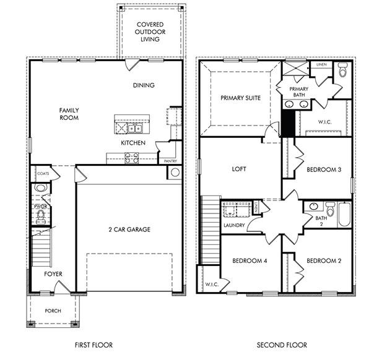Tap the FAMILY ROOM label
[69, 114]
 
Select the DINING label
[143, 85]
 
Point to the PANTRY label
[171, 161]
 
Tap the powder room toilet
[41, 215]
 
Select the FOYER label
[53, 273]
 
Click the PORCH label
[53, 311]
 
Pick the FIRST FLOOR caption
[92, 345]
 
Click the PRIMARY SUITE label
[240, 98]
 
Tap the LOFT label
[239, 169]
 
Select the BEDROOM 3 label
[323, 169]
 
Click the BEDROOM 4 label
[250, 261]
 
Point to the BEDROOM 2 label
[323, 260]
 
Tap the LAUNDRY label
[235, 225]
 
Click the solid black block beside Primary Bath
[287, 124]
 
